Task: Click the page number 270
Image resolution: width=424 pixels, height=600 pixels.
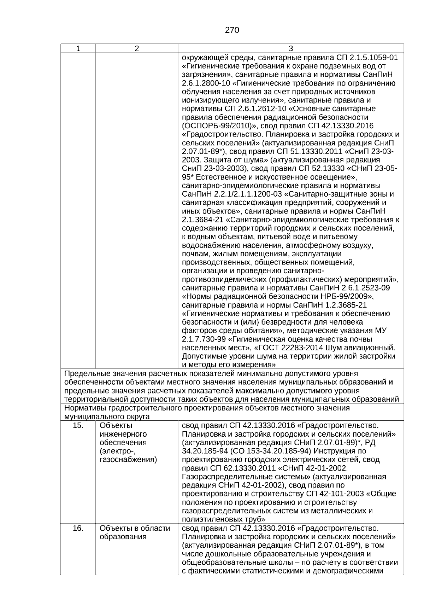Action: (232, 30)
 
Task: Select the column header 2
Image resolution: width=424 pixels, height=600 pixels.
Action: (137, 49)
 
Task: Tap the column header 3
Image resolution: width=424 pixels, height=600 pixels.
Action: (291, 49)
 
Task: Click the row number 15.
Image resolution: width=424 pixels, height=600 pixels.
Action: (78, 425)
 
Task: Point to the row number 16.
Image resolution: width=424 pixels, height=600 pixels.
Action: (78, 529)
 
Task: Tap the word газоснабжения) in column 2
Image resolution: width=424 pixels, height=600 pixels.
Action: (128, 460)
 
